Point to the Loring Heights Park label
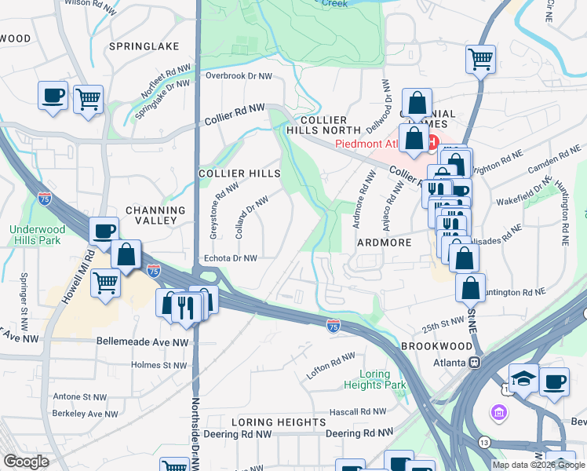(x=375, y=379)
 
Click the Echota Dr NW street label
(x=231, y=257)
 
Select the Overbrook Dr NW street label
(x=239, y=76)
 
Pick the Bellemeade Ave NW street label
(x=142, y=342)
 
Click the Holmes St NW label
(x=159, y=365)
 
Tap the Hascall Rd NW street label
(x=357, y=411)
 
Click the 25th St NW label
(x=443, y=322)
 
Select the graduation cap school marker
(x=523, y=378)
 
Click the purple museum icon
(x=498, y=412)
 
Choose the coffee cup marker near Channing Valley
(x=104, y=231)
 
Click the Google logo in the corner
(x=26, y=462)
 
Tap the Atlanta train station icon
(x=474, y=363)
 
